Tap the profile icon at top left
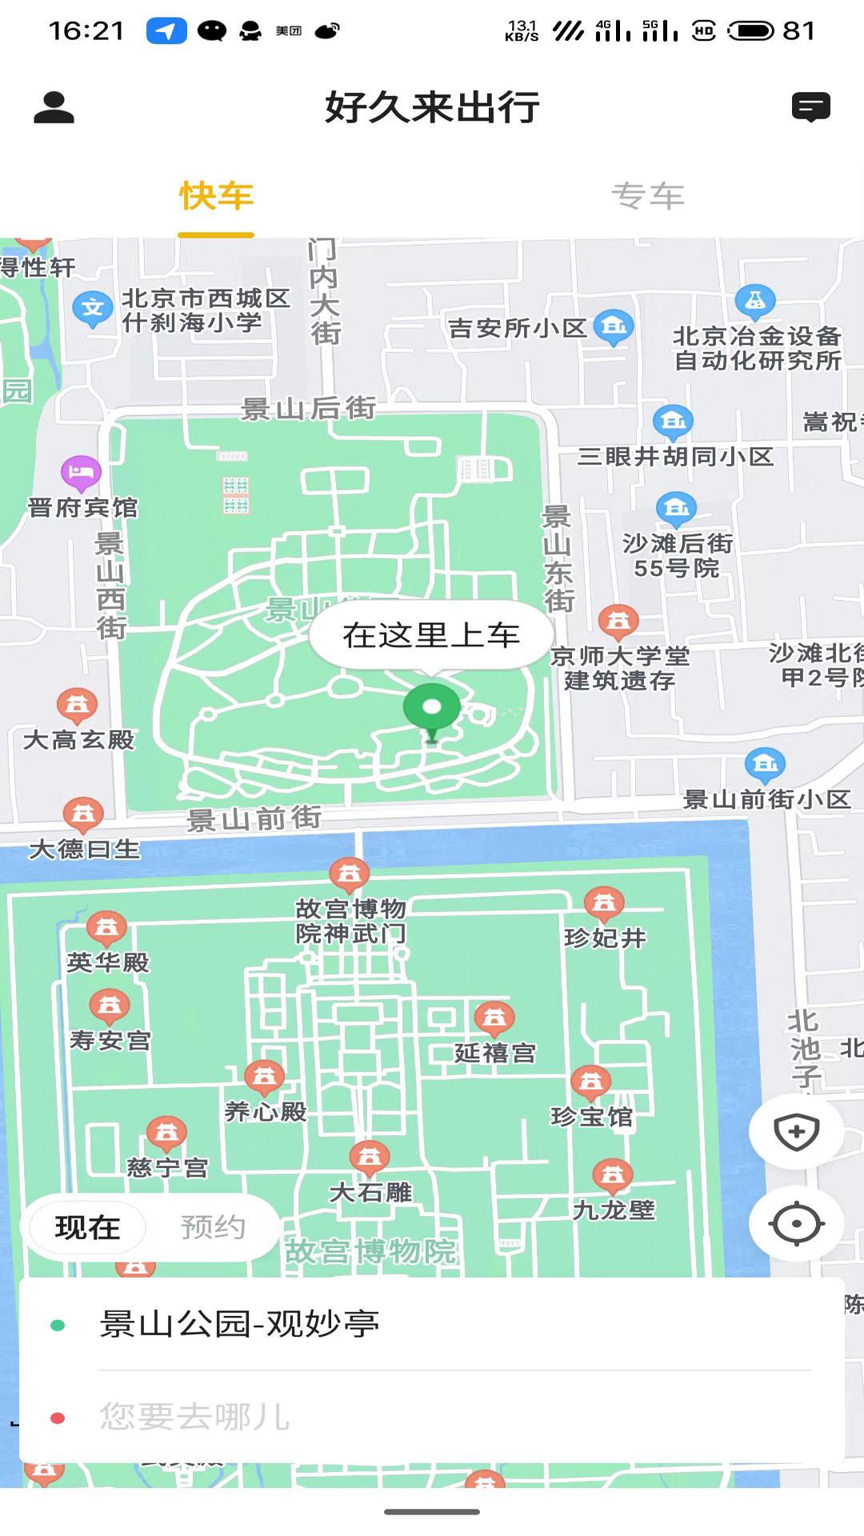click(x=54, y=107)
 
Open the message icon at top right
click(x=810, y=107)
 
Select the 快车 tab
click(x=216, y=196)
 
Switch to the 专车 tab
click(x=647, y=196)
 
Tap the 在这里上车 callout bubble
click(x=431, y=635)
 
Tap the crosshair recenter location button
click(x=796, y=1223)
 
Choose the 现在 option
click(x=87, y=1227)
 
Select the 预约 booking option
click(x=213, y=1227)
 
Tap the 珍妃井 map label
click(x=605, y=938)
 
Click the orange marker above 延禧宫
click(x=494, y=1018)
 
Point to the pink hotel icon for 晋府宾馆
click(x=81, y=472)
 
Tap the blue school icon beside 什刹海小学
click(x=92, y=308)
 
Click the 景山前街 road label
click(x=254, y=818)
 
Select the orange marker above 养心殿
click(x=264, y=1077)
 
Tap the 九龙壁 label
click(x=614, y=1210)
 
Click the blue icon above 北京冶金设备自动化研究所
click(x=754, y=302)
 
